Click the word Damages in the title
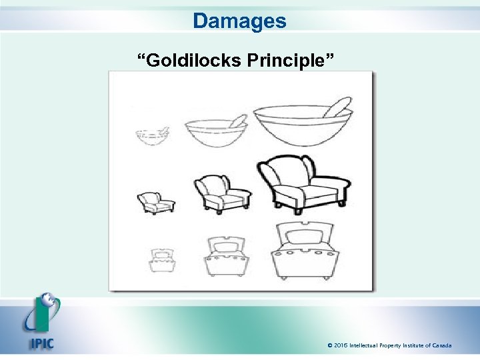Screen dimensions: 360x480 click(240, 21)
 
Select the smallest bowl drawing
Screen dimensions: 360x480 click(152, 136)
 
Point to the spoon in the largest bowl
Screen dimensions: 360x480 click(339, 107)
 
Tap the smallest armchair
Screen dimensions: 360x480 click(155, 203)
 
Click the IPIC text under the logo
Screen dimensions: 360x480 click(41, 344)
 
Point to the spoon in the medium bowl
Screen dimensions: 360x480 click(237, 121)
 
